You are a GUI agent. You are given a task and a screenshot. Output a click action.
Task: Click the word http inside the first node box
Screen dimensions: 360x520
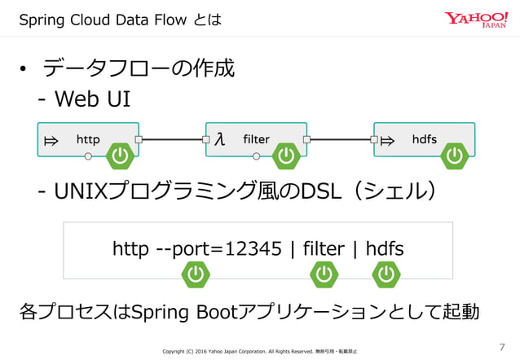(x=88, y=139)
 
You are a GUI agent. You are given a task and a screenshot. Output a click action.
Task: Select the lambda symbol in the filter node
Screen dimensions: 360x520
(x=219, y=139)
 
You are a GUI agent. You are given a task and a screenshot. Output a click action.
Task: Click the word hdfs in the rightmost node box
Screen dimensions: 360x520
(x=425, y=139)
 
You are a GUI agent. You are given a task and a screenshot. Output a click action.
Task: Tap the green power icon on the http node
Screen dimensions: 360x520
(x=120, y=156)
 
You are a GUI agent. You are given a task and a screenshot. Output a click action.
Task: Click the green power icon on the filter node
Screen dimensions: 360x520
(x=286, y=156)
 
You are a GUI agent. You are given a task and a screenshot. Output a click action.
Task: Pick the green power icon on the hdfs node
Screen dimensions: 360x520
(x=453, y=156)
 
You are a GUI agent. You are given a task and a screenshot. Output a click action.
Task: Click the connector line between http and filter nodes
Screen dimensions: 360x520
(x=172, y=139)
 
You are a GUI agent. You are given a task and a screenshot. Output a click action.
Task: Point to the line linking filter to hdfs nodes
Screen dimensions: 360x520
(x=340, y=139)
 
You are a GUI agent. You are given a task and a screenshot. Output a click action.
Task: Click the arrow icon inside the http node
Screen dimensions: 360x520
(x=51, y=140)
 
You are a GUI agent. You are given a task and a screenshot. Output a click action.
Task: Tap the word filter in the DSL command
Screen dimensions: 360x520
(x=323, y=248)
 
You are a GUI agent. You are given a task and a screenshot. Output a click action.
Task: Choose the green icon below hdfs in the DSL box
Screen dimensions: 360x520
(x=386, y=275)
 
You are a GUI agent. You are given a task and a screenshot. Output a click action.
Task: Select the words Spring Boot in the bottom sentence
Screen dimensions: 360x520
(x=188, y=312)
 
